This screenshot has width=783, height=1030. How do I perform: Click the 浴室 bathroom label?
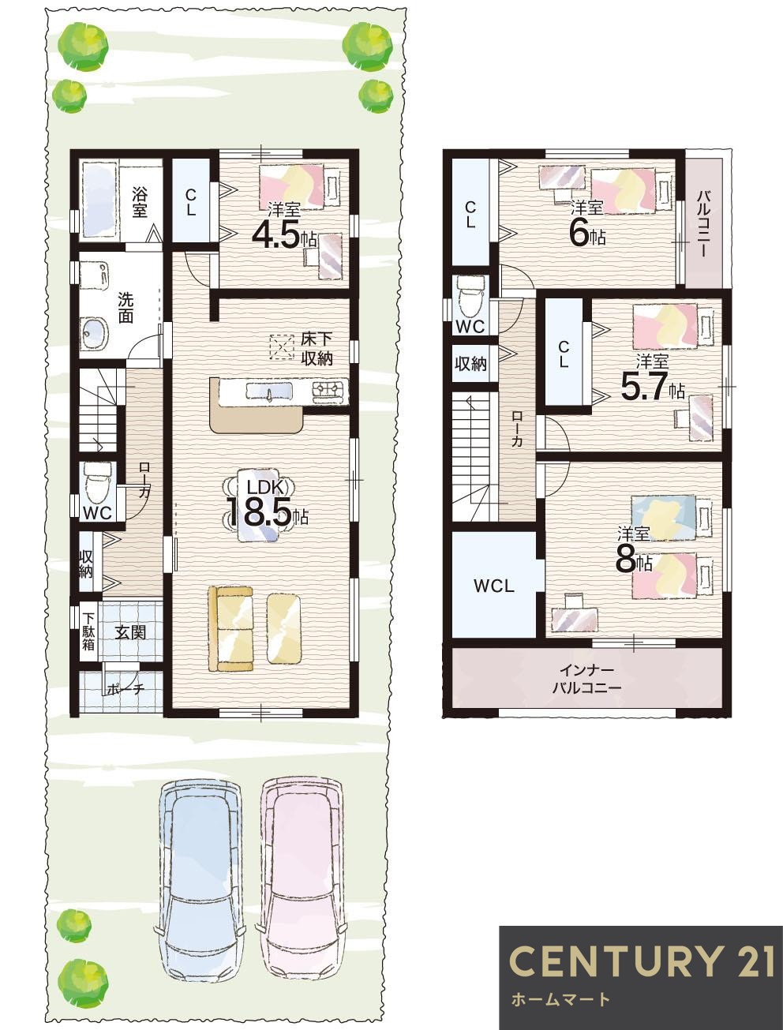(x=140, y=202)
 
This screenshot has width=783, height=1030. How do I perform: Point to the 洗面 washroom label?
(x=126, y=308)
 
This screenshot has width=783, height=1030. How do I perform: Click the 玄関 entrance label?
(x=130, y=632)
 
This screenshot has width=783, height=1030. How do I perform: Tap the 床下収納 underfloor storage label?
(x=317, y=349)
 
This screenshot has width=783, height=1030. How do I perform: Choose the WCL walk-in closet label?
(x=494, y=586)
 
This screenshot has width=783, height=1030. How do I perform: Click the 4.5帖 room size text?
(x=285, y=234)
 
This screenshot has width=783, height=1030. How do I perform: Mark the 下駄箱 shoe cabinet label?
(x=88, y=631)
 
